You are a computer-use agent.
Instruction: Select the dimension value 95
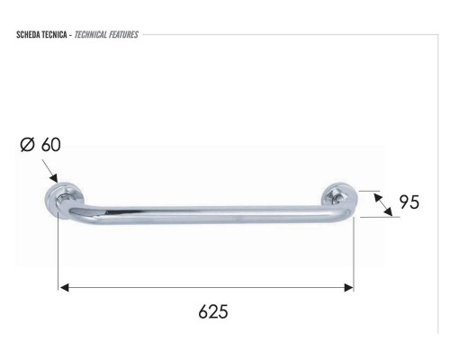pos(409,203)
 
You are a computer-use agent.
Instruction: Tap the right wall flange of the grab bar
pos(340,195)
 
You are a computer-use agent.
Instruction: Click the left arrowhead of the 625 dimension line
pos(65,288)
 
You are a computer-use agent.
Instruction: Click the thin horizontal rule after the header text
pos(288,35)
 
